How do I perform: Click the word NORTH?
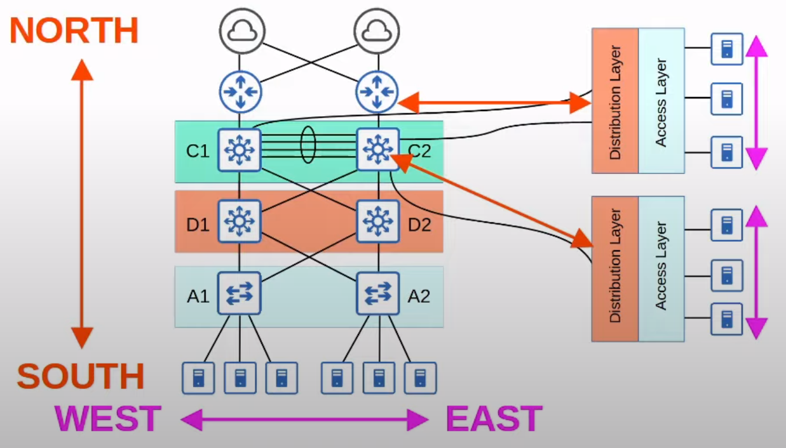[x=74, y=30]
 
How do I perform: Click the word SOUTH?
[x=81, y=376]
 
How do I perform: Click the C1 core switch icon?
[x=240, y=150]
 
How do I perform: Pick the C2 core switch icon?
[x=378, y=150]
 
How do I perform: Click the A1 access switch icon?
[x=240, y=293]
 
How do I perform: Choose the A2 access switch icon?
[x=378, y=293]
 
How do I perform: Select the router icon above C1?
[x=240, y=91]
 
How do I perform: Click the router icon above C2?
[x=377, y=91]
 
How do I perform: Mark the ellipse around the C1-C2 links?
[x=308, y=145]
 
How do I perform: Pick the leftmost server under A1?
[x=198, y=378]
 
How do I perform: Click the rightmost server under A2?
[x=420, y=378]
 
